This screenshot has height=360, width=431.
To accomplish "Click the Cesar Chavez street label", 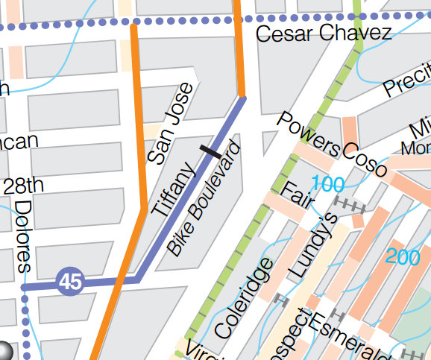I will tap(323, 34).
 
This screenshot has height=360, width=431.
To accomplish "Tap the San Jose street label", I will tap(171, 124).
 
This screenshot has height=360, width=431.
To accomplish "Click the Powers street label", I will tap(308, 135).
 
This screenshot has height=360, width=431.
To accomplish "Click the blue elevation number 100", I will tap(329, 183).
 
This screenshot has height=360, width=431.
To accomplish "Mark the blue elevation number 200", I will tap(404, 256).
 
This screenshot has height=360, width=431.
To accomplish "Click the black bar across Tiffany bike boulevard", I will tap(210, 151).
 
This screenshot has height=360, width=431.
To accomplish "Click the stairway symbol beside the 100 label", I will tap(347, 203).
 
